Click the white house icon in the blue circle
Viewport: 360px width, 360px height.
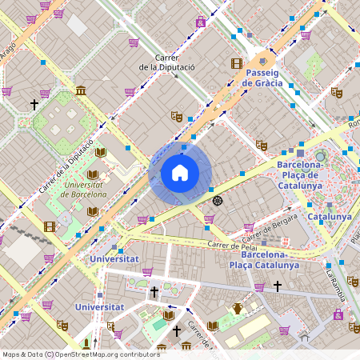[180, 173]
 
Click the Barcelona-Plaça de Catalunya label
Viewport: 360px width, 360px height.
[299, 174]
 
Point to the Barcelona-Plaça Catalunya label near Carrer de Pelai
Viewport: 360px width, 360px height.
[264, 259]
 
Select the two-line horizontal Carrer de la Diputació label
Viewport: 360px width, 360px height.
[166, 62]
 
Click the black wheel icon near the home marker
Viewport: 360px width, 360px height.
[218, 199]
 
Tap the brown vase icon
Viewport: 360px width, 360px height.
[238, 308]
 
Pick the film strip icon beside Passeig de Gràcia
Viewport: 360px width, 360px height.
[236, 63]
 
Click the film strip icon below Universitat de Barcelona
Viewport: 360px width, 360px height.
[50, 226]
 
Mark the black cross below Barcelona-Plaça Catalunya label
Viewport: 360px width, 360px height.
[278, 286]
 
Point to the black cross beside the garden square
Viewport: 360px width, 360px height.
[34, 105]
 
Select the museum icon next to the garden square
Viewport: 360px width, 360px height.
[81, 91]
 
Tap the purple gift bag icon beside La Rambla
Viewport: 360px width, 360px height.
[339, 314]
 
